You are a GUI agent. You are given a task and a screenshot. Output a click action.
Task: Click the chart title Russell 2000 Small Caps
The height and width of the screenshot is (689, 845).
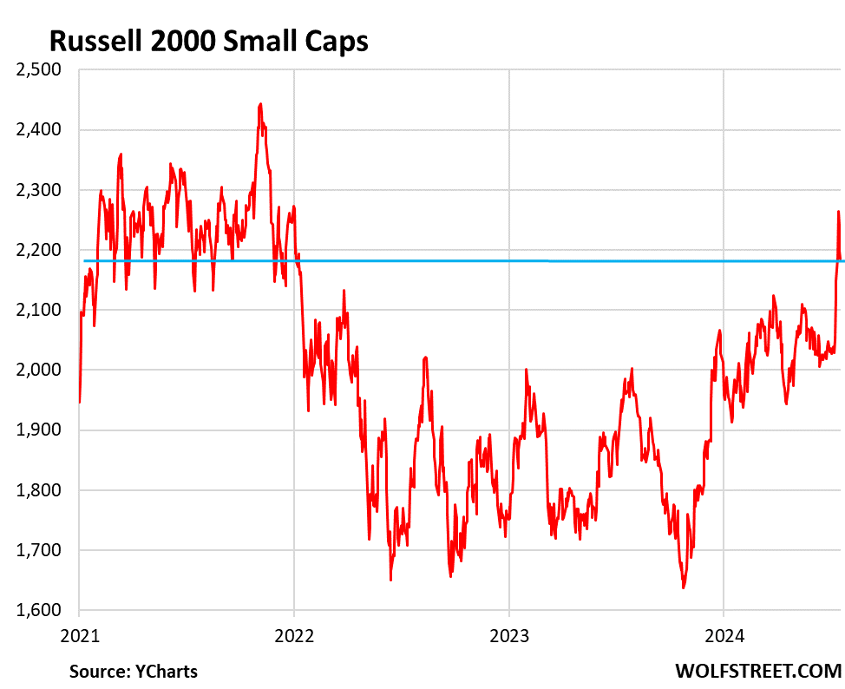208,40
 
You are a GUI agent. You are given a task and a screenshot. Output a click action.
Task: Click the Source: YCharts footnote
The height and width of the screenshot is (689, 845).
134,671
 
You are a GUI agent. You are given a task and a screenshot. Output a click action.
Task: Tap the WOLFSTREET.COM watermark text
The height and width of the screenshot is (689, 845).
757,671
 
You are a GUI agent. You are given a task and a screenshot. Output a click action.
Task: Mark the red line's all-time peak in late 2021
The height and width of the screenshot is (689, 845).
260,104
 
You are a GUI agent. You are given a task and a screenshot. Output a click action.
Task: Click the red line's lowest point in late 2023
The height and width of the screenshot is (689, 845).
683,587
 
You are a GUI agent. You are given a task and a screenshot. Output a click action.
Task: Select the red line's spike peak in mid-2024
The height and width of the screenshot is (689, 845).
838,211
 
